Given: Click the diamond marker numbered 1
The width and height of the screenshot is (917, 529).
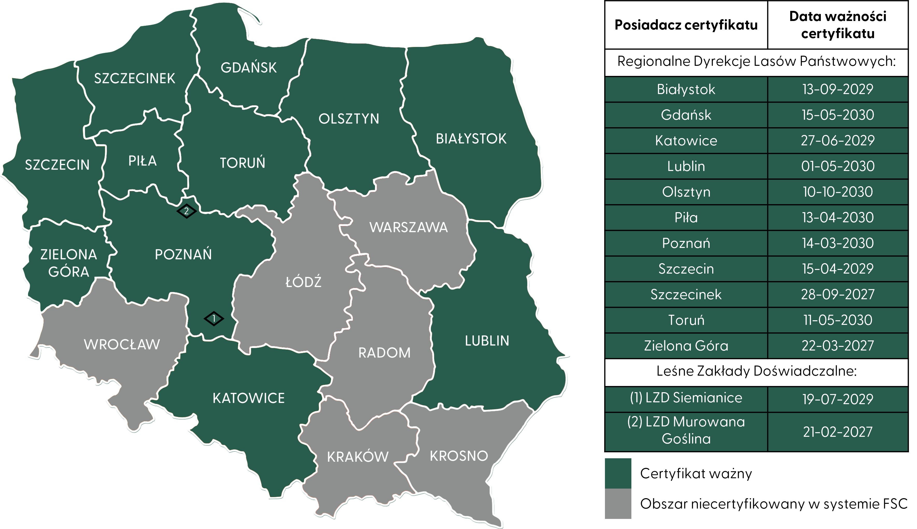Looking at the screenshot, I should point(214,319).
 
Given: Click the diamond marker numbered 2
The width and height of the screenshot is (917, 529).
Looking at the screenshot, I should point(186,211).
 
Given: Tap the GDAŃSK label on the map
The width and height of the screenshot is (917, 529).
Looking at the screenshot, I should point(249,68).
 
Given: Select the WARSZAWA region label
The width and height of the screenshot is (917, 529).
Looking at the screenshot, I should point(408,227).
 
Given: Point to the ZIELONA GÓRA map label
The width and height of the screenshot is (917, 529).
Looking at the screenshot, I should point(69,263).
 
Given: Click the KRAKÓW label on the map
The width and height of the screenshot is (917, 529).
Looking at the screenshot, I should point(358,457).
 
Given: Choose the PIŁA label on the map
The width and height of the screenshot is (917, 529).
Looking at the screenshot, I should point(143,161).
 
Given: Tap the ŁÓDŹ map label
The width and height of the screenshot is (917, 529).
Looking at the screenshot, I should point(304,282).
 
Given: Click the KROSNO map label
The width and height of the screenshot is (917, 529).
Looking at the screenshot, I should point(459,456).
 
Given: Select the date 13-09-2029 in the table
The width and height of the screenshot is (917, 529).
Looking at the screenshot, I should point(837,89).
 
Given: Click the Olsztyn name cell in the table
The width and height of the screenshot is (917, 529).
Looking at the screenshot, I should point(686,192).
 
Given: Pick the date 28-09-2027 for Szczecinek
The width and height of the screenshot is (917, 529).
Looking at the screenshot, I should point(837,294).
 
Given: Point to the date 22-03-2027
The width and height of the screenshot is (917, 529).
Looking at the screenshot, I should point(837,346).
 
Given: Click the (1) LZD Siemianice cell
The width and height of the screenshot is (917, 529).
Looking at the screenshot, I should point(686,398).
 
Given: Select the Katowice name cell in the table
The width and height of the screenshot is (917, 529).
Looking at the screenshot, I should point(686,141).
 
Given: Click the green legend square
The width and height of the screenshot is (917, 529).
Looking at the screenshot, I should point(618,473).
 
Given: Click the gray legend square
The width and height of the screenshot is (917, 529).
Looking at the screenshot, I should point(618,504).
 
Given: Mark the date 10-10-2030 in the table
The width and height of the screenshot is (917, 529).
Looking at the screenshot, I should point(837,192).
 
